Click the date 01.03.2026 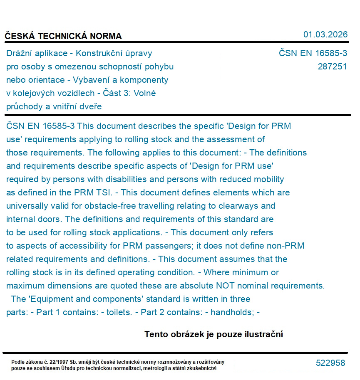coord(325,35)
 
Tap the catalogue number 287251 coord(332,67)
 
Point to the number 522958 coord(330,363)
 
